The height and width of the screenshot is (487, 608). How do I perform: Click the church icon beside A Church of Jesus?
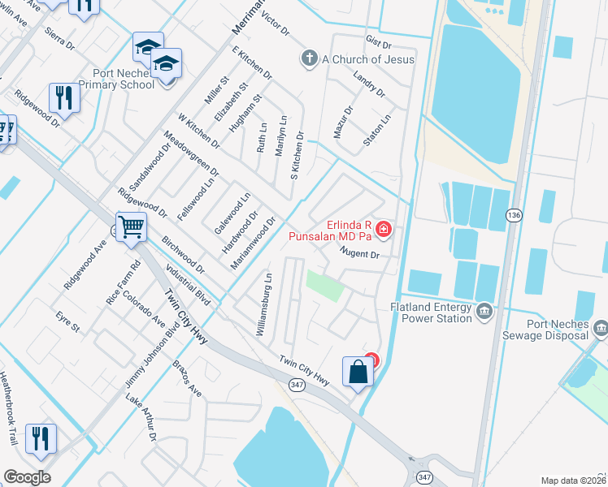click(x=308, y=58)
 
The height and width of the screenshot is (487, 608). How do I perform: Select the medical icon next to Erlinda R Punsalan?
click(x=382, y=231)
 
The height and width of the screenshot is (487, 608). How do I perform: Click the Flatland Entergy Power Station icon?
click(x=484, y=311)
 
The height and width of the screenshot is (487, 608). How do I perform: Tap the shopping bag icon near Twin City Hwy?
click(x=358, y=373)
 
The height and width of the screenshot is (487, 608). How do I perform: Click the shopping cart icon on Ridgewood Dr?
click(x=131, y=228)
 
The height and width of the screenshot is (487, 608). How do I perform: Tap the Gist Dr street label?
click(x=379, y=42)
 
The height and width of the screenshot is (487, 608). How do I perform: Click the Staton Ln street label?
click(x=376, y=129)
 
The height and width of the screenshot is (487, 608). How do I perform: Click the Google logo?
click(x=27, y=477)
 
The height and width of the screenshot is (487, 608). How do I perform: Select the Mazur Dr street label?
click(x=344, y=120)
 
